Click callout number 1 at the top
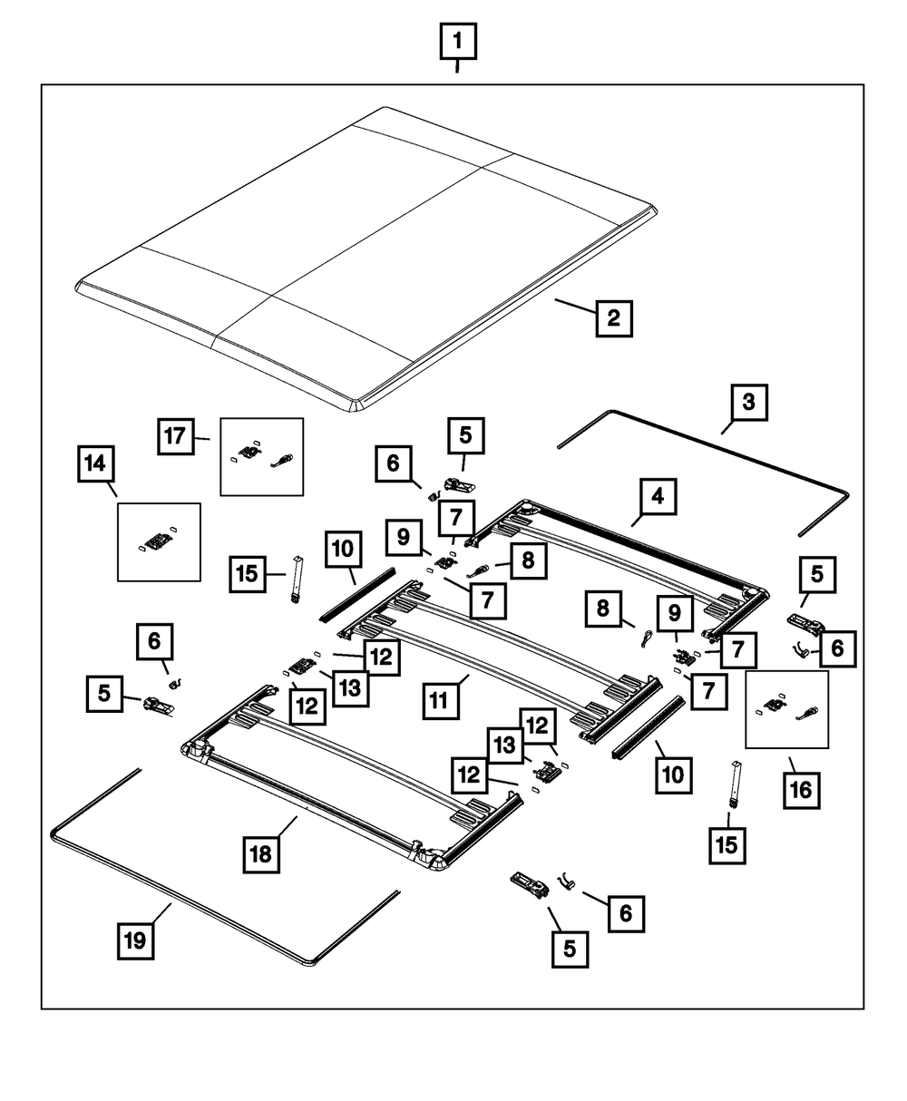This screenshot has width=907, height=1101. pyautogui.click(x=457, y=41)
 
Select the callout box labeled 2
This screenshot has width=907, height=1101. pyautogui.click(x=614, y=318)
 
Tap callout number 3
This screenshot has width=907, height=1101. pyautogui.click(x=748, y=402)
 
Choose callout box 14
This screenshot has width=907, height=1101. pyautogui.click(x=96, y=465)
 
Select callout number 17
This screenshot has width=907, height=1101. pyautogui.click(x=175, y=436)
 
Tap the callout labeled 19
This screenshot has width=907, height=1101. pyautogui.click(x=135, y=940)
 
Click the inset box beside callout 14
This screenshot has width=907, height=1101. pyautogui.click(x=160, y=541)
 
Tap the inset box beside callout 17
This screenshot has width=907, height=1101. pyautogui.click(x=262, y=456)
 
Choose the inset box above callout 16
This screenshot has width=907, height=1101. pyautogui.click(x=787, y=709)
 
